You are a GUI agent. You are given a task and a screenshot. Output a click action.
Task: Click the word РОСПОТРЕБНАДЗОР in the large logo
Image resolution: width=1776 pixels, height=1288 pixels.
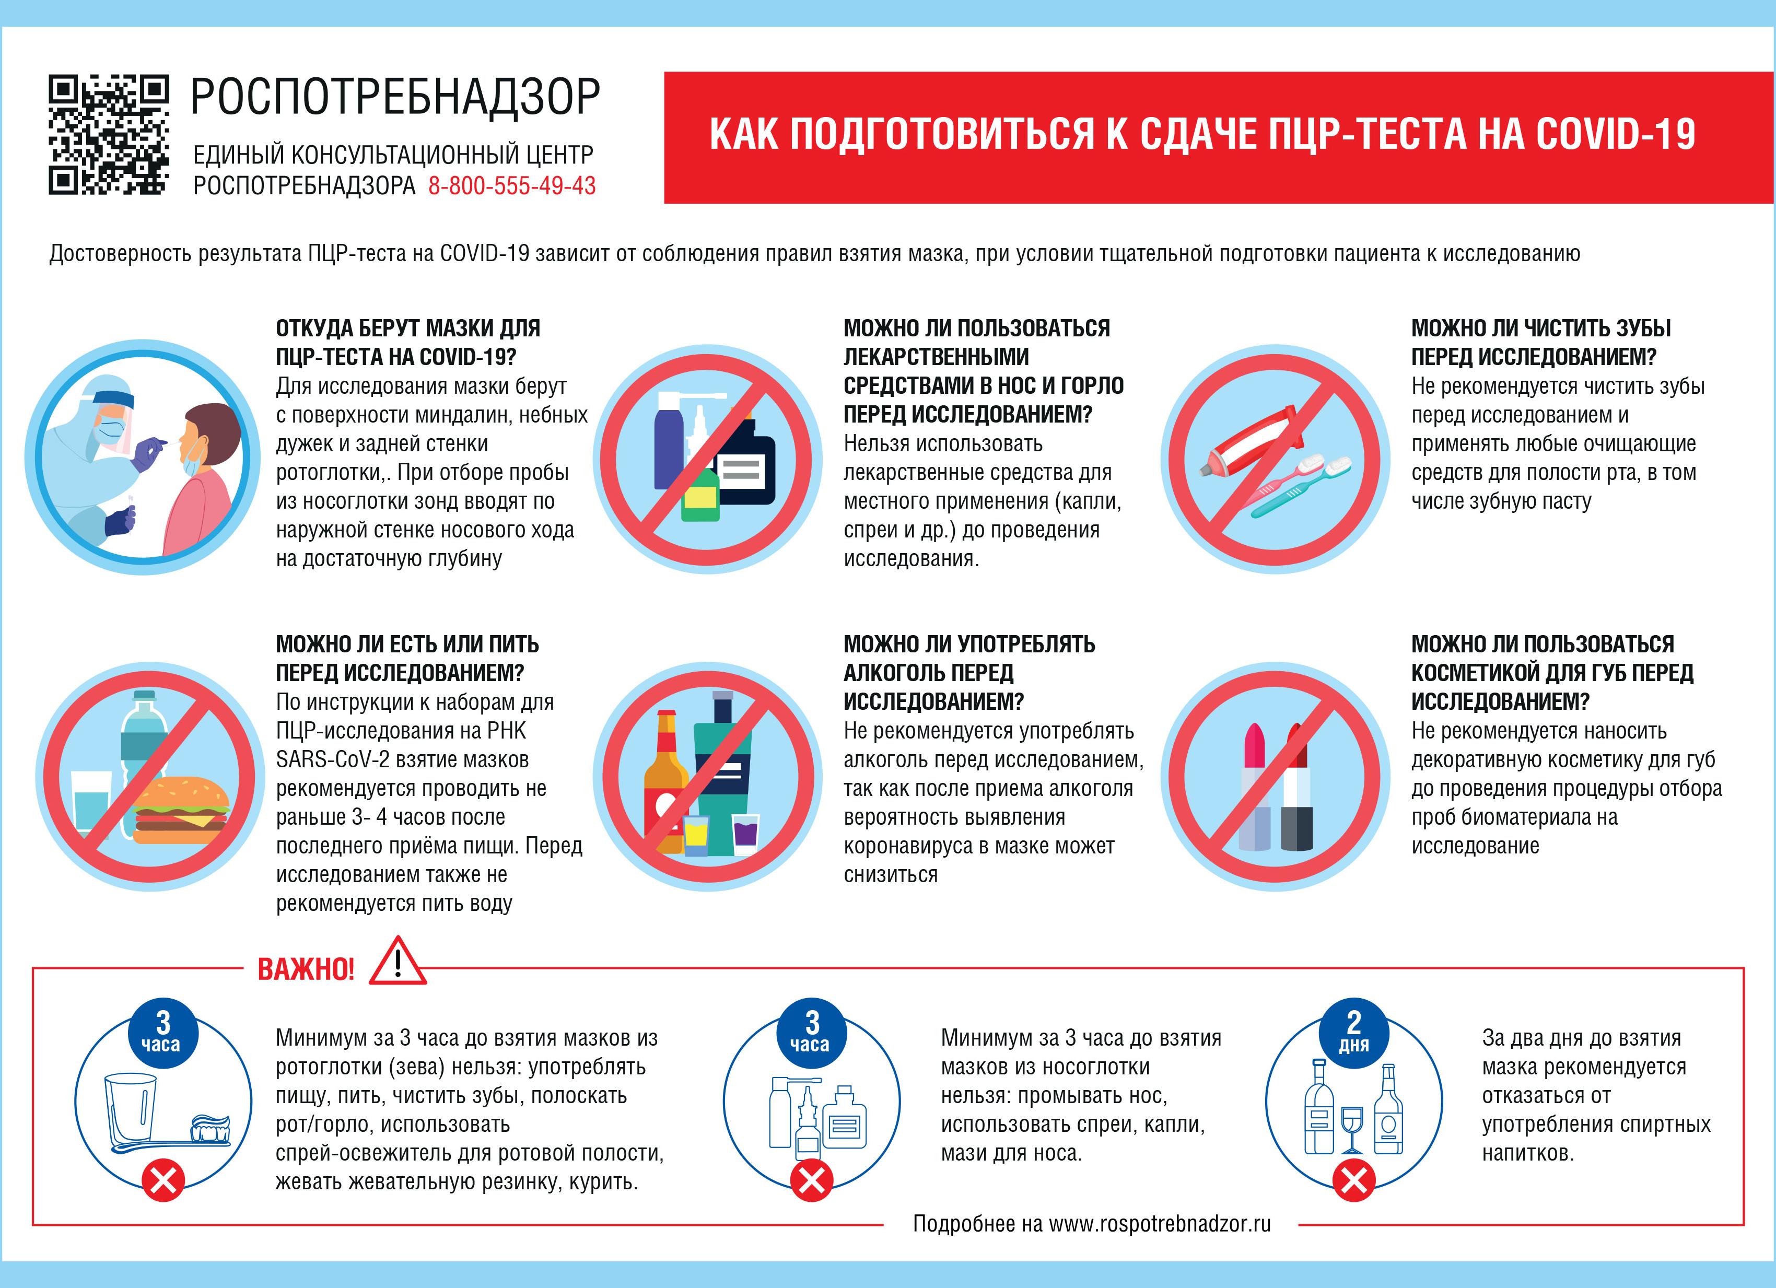tap(395, 97)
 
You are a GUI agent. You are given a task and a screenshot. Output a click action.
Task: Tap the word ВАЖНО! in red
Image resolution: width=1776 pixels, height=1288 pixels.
tap(306, 969)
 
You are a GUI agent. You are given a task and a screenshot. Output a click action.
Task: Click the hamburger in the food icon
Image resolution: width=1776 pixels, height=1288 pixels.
tap(182, 811)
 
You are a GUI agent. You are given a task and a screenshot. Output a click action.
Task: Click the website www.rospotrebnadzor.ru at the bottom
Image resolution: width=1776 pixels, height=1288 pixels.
tap(1159, 1224)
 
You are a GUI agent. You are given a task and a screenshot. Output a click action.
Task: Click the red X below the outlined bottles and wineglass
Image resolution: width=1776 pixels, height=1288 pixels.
tap(1354, 1179)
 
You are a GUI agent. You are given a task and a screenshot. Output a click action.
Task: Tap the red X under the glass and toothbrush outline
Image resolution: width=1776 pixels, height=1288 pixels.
tap(163, 1179)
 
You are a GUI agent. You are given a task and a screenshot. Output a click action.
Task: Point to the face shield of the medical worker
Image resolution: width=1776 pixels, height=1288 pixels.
tap(118, 427)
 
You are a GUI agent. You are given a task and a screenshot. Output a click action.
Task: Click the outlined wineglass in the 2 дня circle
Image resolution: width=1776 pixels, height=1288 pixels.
tap(1352, 1128)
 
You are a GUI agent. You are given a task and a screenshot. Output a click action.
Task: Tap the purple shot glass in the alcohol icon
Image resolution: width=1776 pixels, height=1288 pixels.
tap(745, 830)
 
